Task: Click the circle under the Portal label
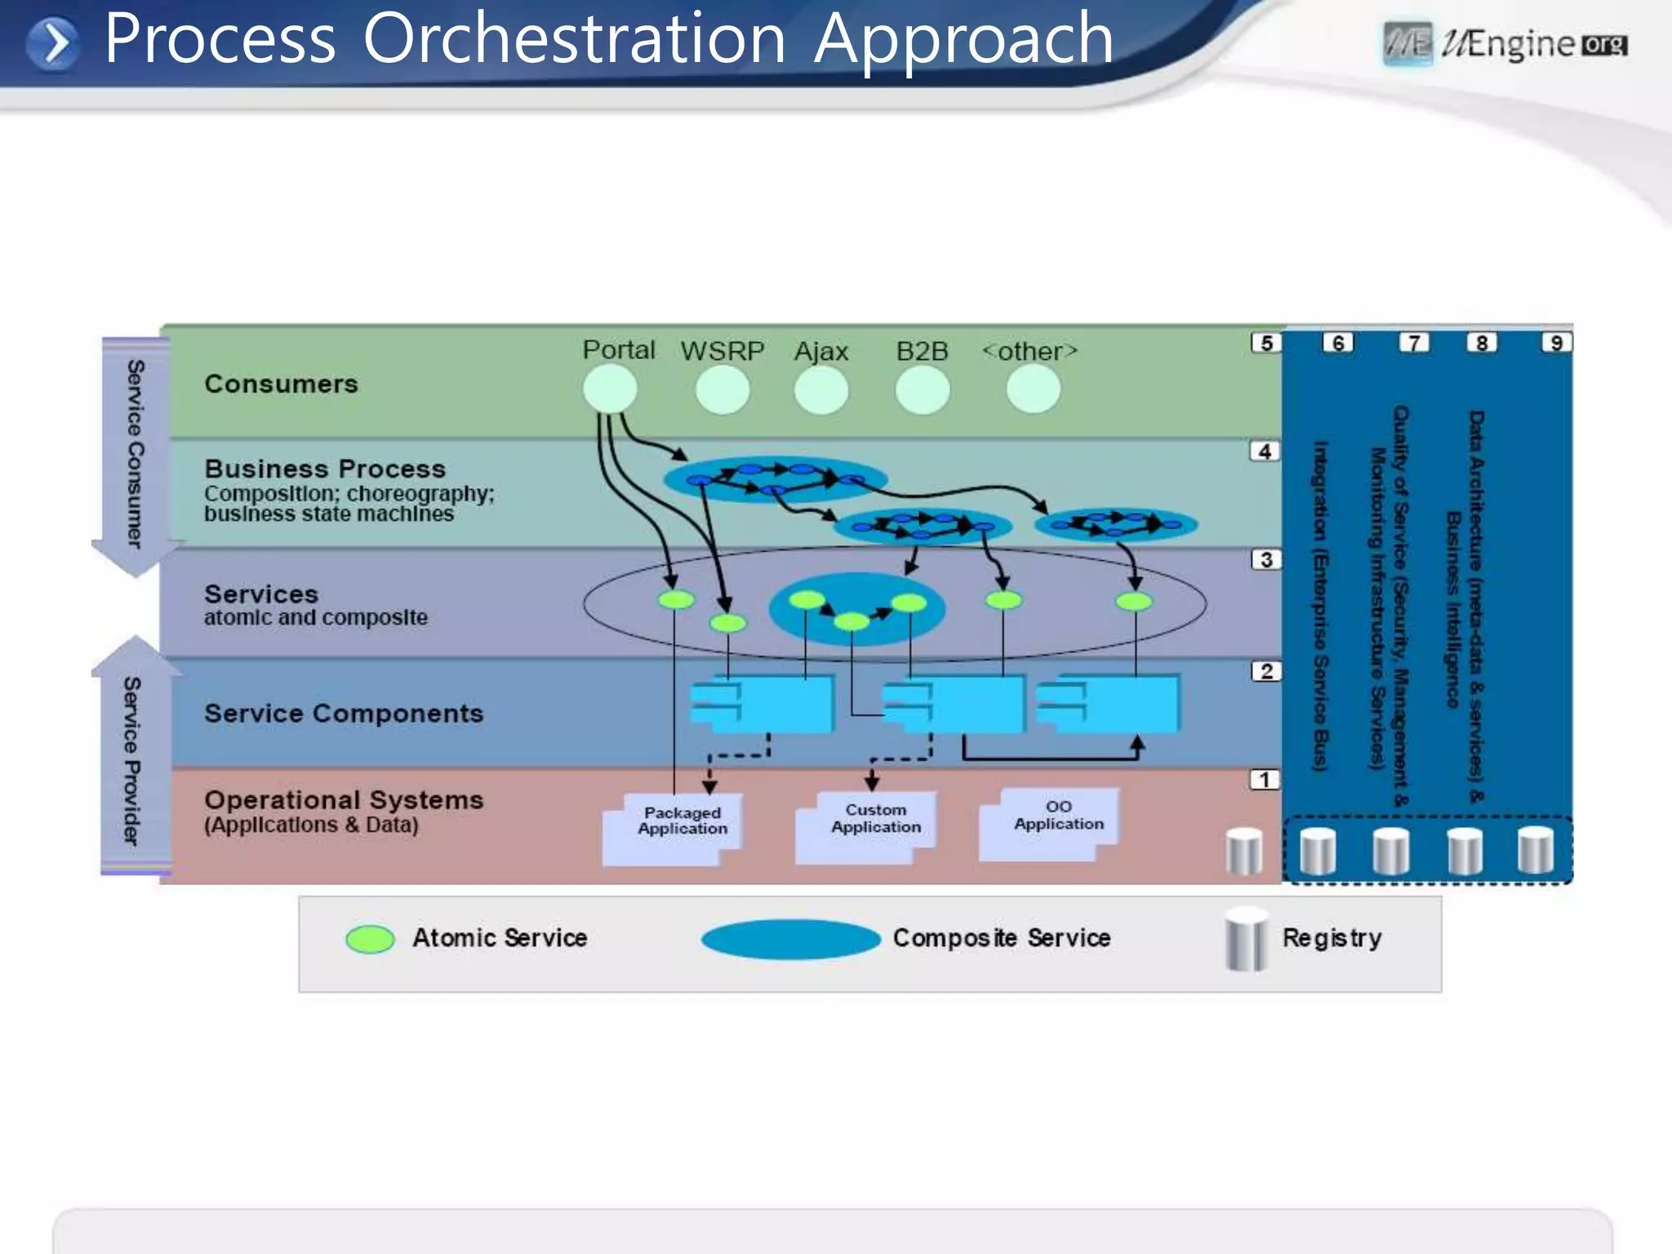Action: (x=610, y=389)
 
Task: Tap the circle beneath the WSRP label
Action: (x=723, y=389)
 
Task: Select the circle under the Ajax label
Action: (x=821, y=389)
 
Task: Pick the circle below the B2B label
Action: (x=923, y=389)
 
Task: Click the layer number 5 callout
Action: (x=1266, y=343)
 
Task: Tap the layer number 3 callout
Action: (x=1266, y=560)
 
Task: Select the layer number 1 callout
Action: (x=1265, y=780)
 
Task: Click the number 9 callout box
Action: (x=1556, y=343)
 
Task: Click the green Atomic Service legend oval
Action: (x=370, y=939)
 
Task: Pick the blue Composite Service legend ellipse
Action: (x=790, y=939)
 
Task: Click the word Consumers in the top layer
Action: (x=281, y=384)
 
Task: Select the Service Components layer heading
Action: (x=344, y=714)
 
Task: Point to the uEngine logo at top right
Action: (x=1505, y=44)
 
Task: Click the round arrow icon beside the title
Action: (x=53, y=43)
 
